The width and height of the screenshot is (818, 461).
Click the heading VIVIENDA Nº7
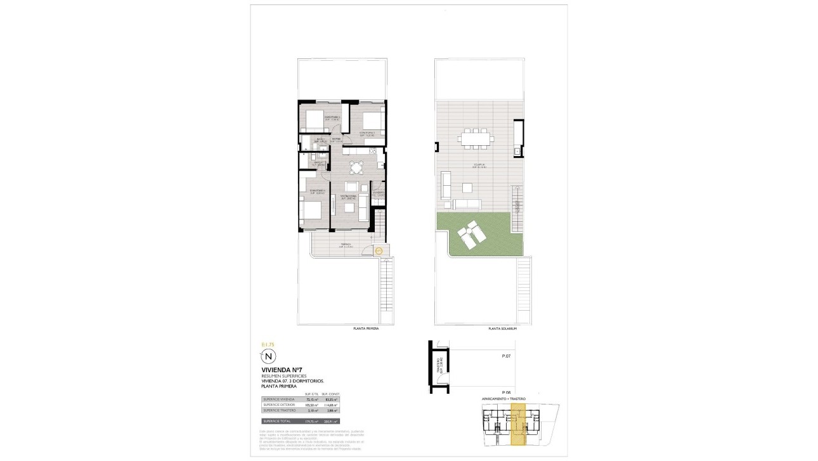pyautogui.click(x=280, y=370)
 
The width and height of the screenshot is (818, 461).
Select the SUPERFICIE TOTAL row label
pyautogui.click(x=278, y=420)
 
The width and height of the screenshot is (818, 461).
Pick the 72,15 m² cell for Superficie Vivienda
pyautogui.click(x=312, y=399)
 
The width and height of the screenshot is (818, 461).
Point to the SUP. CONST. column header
pyautogui.click(x=331, y=394)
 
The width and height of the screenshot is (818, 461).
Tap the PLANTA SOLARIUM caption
pyautogui.click(x=503, y=328)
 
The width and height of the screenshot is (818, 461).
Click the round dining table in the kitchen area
pyautogui.click(x=355, y=168)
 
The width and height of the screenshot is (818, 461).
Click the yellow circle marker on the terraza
pyautogui.click(x=379, y=251)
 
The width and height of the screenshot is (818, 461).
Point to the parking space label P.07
pyautogui.click(x=506, y=356)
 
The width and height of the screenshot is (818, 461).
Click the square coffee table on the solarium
pyautogui.click(x=467, y=188)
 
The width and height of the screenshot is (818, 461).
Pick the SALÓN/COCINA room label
pyautogui.click(x=348, y=197)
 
